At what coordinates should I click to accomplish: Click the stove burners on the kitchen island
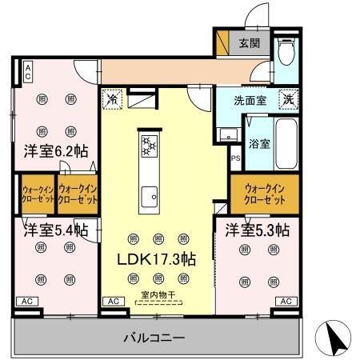click(x=149, y=146)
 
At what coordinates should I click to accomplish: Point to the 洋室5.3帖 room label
click(x=257, y=230)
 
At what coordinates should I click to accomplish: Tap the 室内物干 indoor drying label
click(x=157, y=294)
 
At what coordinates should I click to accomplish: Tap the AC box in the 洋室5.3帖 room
click(x=286, y=301)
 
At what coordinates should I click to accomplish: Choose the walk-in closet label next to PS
click(x=264, y=193)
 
